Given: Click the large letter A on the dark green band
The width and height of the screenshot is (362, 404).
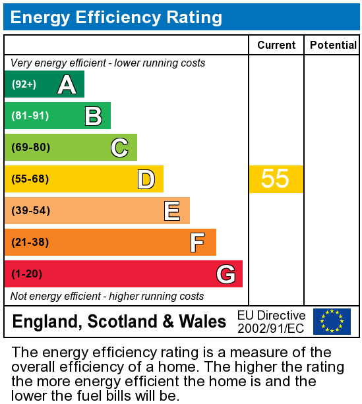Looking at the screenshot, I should click(x=67, y=84).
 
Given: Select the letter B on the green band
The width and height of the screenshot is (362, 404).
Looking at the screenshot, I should click(x=93, y=116).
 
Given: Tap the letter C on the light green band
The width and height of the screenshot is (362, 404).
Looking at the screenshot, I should click(x=119, y=148).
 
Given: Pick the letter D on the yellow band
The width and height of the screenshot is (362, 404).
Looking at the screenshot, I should click(x=146, y=179).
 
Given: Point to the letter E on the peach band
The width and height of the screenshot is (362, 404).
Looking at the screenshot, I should click(x=172, y=211).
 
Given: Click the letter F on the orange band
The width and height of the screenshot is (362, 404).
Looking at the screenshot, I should click(x=197, y=243).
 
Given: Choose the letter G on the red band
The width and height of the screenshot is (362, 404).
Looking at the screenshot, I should click(x=226, y=274).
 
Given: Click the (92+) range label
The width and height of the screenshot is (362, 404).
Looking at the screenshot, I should click(x=24, y=84).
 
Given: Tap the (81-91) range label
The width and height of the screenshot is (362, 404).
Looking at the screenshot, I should click(x=30, y=116).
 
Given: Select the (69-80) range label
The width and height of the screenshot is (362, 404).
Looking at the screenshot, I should click(x=31, y=148).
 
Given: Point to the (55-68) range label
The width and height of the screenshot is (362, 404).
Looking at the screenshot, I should click(x=31, y=179).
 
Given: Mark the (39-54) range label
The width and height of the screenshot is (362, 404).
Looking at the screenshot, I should click(x=31, y=211).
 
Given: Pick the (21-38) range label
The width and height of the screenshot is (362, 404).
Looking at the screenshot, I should click(x=31, y=243).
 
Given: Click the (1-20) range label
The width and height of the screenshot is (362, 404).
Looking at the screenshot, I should click(x=28, y=274).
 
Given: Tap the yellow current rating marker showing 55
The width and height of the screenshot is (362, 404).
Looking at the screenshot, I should click(x=276, y=179).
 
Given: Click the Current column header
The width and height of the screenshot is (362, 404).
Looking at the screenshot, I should click(x=276, y=45).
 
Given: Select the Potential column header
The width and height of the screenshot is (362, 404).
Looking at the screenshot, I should click(x=333, y=45).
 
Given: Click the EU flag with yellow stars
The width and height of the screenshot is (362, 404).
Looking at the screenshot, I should click(x=332, y=321).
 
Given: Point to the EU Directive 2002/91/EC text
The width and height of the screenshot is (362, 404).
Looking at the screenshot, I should click(x=271, y=322).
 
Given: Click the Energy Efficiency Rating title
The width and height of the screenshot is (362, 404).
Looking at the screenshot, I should click(x=116, y=17).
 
